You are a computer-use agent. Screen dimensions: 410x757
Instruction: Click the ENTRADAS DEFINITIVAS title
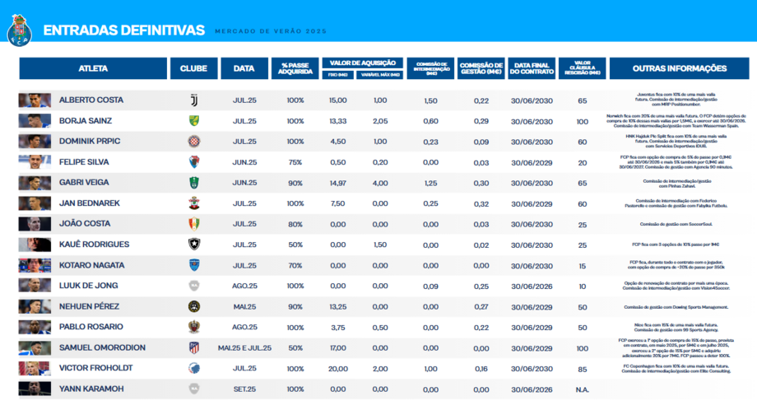click(x=123, y=30)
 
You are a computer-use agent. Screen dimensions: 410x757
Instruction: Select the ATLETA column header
click(x=93, y=68)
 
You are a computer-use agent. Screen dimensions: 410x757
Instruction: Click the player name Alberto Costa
click(x=91, y=100)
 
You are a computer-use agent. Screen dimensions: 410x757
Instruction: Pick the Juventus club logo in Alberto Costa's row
click(x=194, y=100)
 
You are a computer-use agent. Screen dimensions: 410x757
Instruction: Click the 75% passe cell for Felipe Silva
click(x=295, y=162)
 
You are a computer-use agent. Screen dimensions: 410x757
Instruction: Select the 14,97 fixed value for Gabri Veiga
click(x=337, y=183)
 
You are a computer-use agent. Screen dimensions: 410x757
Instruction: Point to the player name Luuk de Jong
click(x=90, y=286)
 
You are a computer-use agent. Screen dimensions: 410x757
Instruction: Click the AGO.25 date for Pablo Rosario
click(x=244, y=327)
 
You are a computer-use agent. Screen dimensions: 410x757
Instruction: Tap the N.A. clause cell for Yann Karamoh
click(x=583, y=389)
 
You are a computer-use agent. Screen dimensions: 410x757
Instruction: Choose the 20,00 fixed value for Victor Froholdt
click(x=337, y=368)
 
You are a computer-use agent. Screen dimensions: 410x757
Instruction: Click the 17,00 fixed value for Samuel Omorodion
click(x=337, y=347)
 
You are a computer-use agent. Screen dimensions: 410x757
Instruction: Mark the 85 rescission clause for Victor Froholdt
click(x=583, y=368)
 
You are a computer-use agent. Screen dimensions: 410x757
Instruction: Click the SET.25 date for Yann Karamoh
click(x=244, y=389)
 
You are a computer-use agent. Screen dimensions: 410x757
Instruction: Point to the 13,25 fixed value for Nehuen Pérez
click(x=337, y=306)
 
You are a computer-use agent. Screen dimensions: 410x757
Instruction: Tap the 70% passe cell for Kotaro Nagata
click(x=295, y=265)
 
